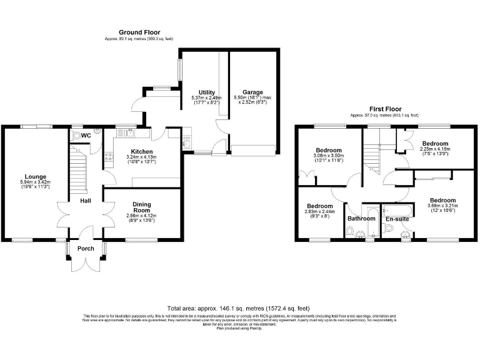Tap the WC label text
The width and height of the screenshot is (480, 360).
pos(86,135)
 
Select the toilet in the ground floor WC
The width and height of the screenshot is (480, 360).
pos(76,135)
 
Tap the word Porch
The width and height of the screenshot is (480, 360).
pos(86,249)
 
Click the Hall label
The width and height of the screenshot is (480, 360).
pos(85,201)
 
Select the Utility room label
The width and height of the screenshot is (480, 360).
pos(207,92)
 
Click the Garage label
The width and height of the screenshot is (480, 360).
pos(252,92)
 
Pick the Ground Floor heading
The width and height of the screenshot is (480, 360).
pos(139,32)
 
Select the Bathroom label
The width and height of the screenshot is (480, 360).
pos(361,219)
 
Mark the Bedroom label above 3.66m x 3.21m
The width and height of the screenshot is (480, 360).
pos(442,200)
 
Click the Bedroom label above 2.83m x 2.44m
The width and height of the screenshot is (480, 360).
pos(319,206)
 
